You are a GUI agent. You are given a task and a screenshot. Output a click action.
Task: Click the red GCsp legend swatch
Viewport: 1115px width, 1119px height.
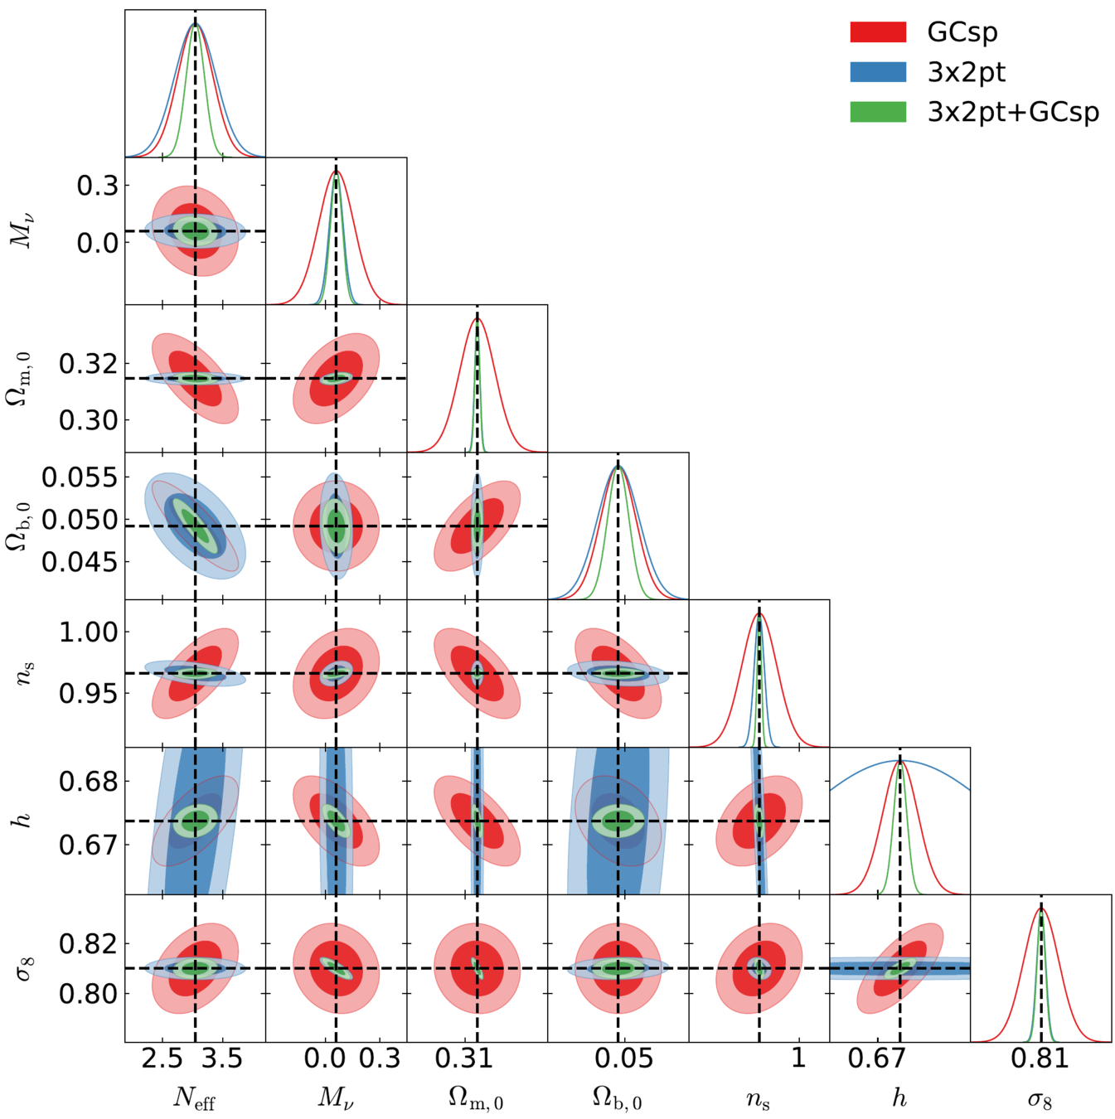click(x=878, y=32)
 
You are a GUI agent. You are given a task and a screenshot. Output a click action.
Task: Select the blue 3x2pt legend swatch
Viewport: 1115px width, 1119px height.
click(x=878, y=72)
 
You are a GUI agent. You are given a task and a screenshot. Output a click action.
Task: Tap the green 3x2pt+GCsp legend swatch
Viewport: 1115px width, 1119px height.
click(x=878, y=112)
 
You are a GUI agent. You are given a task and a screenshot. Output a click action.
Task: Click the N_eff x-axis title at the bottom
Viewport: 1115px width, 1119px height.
click(x=195, y=1098)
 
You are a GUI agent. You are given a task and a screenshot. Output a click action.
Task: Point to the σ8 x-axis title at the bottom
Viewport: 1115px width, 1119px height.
click(x=1040, y=1099)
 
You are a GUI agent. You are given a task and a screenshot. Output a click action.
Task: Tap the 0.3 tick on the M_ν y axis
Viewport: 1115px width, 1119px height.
click(x=97, y=186)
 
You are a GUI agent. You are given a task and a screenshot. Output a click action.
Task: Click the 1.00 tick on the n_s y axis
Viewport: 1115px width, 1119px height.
click(x=88, y=632)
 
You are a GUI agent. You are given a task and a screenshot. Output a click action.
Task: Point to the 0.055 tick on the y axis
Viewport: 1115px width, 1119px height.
click(x=80, y=478)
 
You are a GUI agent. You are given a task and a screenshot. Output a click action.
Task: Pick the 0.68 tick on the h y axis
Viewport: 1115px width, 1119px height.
click(x=88, y=782)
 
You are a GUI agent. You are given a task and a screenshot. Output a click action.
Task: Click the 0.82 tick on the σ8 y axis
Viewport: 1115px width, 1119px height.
click(x=88, y=944)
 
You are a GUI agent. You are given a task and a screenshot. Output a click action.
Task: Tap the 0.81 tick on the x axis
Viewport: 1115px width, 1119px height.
click(x=1040, y=1058)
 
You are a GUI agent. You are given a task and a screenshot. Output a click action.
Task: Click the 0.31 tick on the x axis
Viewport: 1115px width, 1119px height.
click(x=463, y=1058)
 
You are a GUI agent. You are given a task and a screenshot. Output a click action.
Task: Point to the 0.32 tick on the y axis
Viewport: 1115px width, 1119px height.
click(x=88, y=364)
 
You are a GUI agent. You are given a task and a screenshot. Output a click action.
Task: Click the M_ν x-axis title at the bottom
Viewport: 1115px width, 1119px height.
click(x=336, y=1098)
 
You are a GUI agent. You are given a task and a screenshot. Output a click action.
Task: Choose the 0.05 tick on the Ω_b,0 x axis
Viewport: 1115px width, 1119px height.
click(x=623, y=1058)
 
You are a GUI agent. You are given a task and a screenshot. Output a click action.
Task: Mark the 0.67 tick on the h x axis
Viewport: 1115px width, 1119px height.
click(x=877, y=1058)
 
